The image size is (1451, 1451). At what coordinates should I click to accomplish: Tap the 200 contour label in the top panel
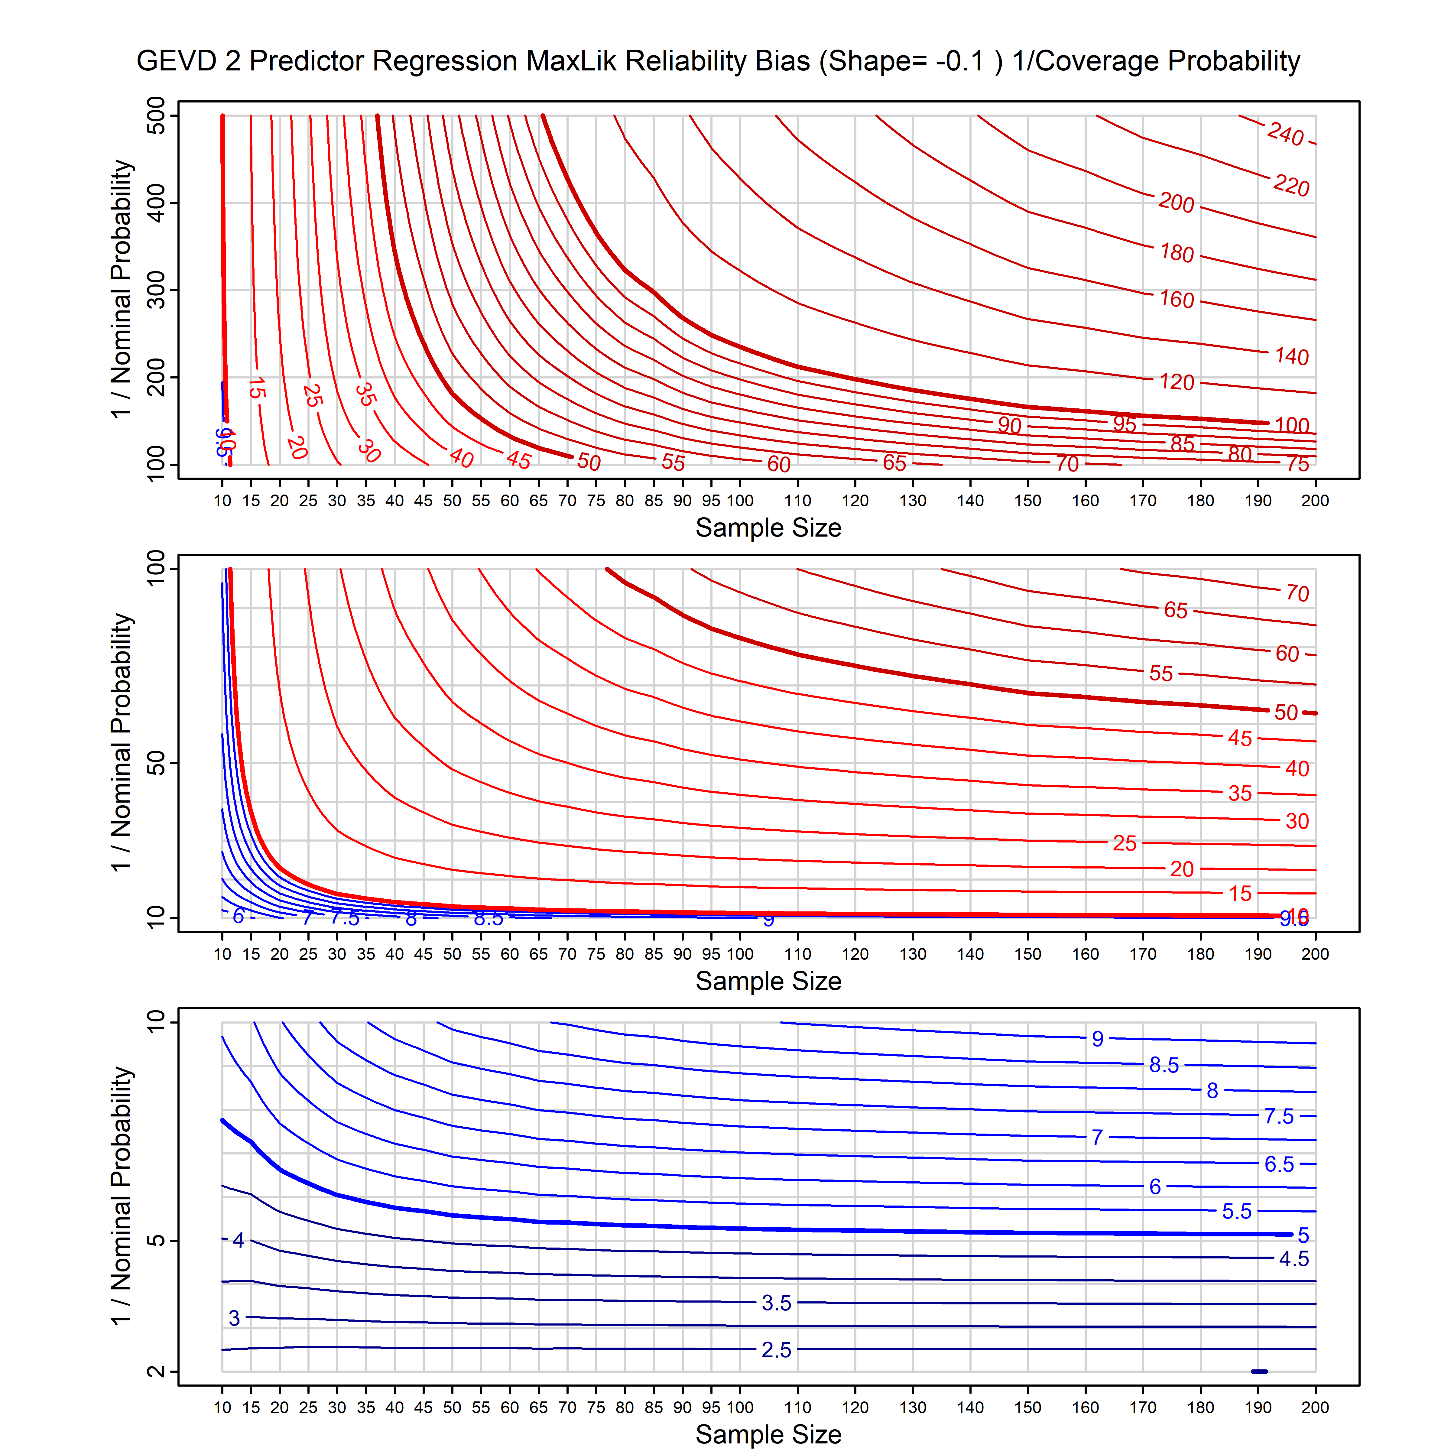point(1176,203)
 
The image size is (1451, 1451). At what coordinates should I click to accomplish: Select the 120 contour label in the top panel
point(1176,382)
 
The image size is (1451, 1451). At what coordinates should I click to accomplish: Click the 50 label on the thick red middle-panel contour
point(1286,712)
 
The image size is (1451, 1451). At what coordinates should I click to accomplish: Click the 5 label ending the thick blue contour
point(1303,1235)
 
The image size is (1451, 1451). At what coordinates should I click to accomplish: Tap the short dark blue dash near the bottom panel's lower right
point(1259,1371)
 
